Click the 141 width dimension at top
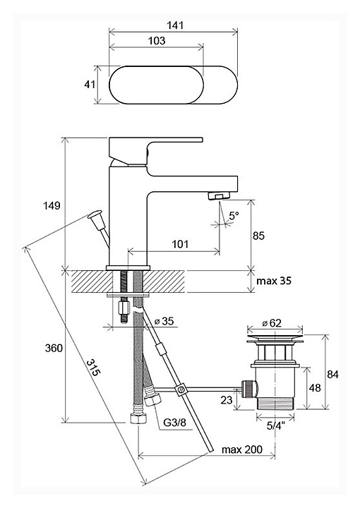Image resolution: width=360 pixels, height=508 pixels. [x=176, y=25]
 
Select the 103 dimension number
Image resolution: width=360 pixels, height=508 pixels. [x=157, y=41]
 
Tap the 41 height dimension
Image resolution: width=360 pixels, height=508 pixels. [x=90, y=84]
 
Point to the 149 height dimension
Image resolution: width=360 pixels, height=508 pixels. [x=52, y=205]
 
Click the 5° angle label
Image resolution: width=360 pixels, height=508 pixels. [x=234, y=215]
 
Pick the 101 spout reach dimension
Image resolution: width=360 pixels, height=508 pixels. [x=180, y=243]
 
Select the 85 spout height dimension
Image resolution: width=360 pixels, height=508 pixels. [x=258, y=236]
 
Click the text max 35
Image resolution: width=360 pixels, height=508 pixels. [x=274, y=281]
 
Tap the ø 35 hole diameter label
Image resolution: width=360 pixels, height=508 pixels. [x=164, y=321]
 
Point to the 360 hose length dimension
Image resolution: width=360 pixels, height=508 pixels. [x=54, y=349]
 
